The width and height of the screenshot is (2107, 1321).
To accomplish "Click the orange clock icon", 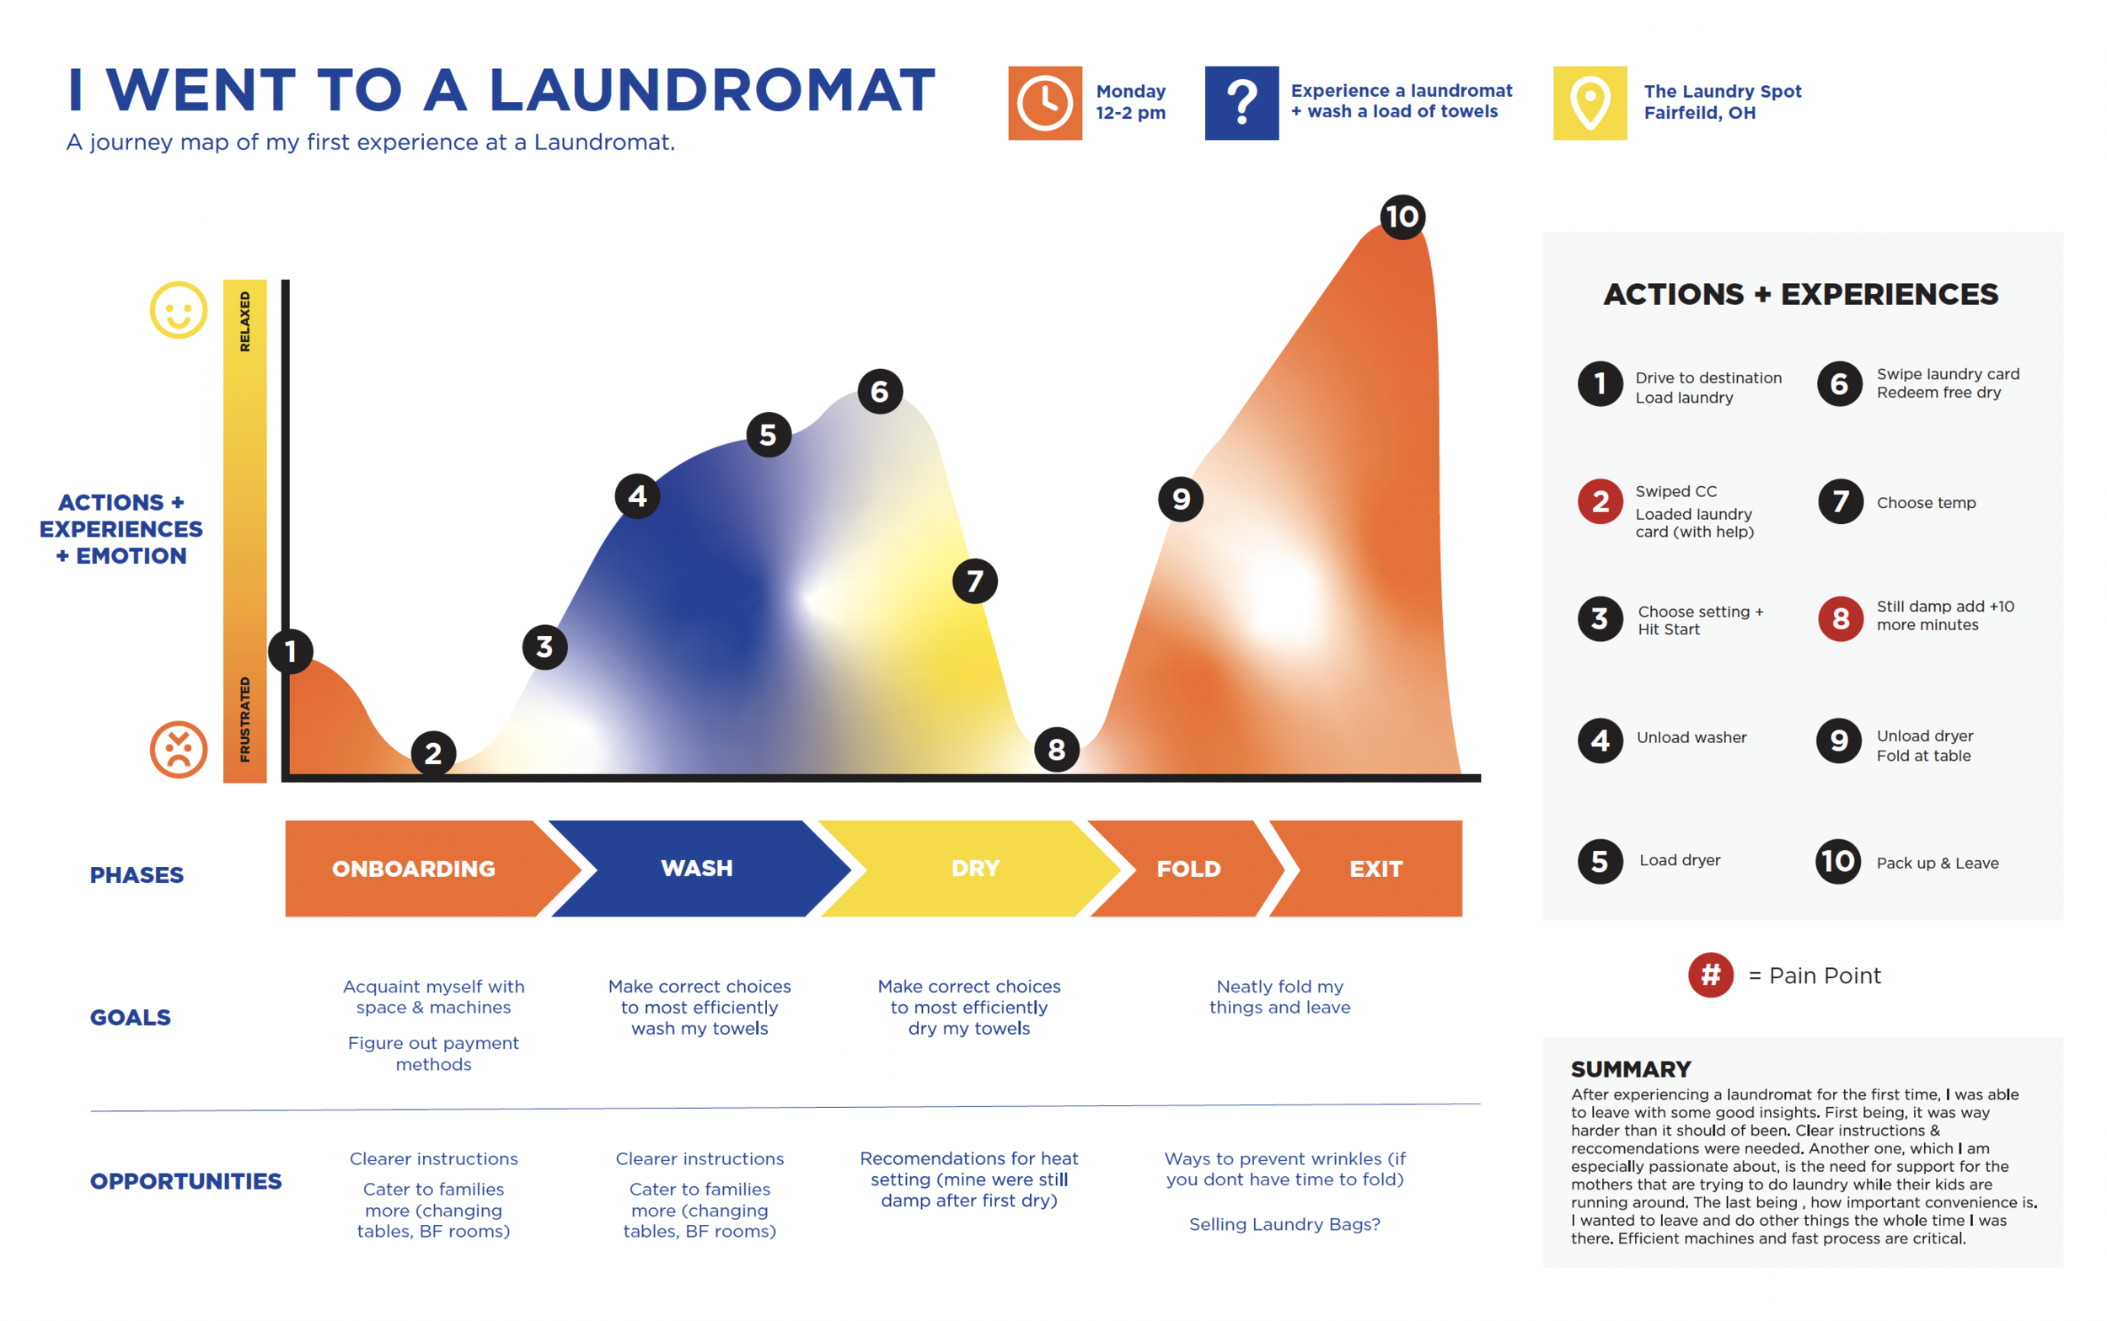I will (x=1044, y=103).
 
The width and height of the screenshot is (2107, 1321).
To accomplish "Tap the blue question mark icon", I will (x=1241, y=103).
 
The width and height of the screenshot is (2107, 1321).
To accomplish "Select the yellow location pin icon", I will (x=1590, y=103).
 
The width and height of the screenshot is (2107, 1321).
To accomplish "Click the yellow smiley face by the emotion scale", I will (x=179, y=310).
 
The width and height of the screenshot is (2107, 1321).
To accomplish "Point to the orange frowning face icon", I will (x=179, y=749).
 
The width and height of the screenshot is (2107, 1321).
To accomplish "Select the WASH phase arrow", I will (x=696, y=869).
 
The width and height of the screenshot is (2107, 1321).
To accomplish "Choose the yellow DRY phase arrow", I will (x=974, y=869).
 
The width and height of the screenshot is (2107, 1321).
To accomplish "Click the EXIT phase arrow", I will (x=1375, y=869).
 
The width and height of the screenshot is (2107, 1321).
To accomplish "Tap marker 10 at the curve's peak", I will (x=1402, y=217).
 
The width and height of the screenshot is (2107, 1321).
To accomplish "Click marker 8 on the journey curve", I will (x=1056, y=750).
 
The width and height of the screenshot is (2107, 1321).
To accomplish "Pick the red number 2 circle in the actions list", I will (x=1600, y=501).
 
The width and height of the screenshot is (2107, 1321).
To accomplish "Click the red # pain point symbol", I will (x=1710, y=975).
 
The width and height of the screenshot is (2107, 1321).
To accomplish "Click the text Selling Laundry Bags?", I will (x=1284, y=1224).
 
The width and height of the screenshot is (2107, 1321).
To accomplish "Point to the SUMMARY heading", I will (x=1631, y=1069).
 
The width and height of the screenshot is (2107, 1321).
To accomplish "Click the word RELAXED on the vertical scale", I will (x=244, y=322).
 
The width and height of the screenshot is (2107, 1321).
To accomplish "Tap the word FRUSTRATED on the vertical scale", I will (x=244, y=719).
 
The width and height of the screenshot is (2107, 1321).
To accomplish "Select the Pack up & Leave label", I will (x=1937, y=864).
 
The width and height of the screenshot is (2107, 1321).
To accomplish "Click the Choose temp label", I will (x=1925, y=502).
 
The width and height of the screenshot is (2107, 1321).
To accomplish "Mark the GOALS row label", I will (x=131, y=1017).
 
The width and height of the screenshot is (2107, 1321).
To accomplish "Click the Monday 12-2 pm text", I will (x=1130, y=102).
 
